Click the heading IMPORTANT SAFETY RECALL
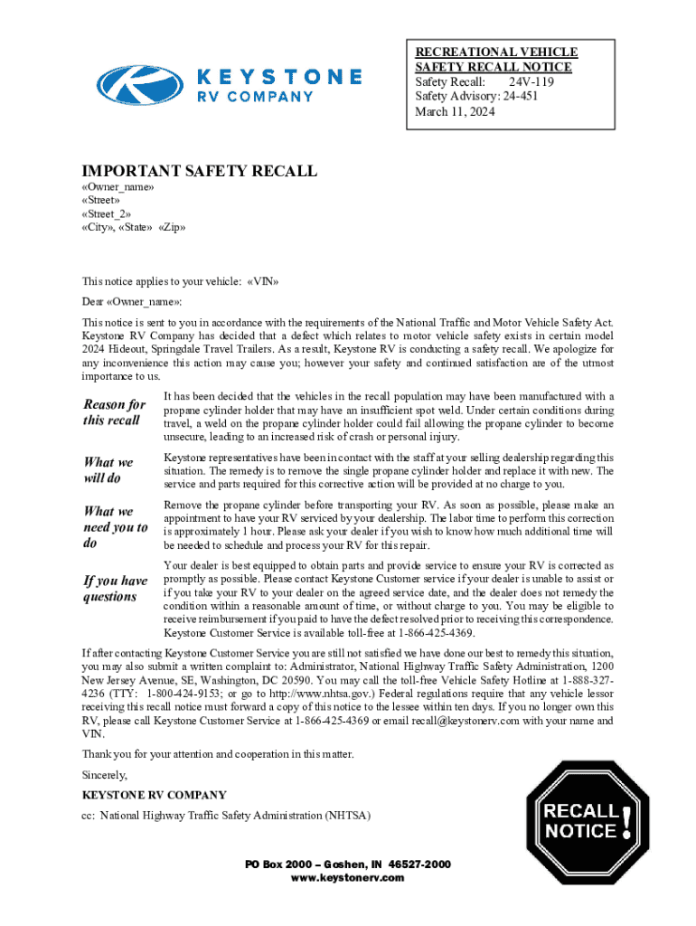[x=200, y=171]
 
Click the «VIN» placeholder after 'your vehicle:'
[x=263, y=281]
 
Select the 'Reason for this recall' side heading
[x=114, y=412]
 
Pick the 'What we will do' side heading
[x=108, y=470]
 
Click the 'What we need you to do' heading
[x=115, y=527]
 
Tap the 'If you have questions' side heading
[x=115, y=589]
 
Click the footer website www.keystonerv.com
[x=348, y=878]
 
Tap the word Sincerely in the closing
[x=105, y=775]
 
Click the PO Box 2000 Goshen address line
[x=348, y=865]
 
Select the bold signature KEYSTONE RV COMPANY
[x=155, y=795]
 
